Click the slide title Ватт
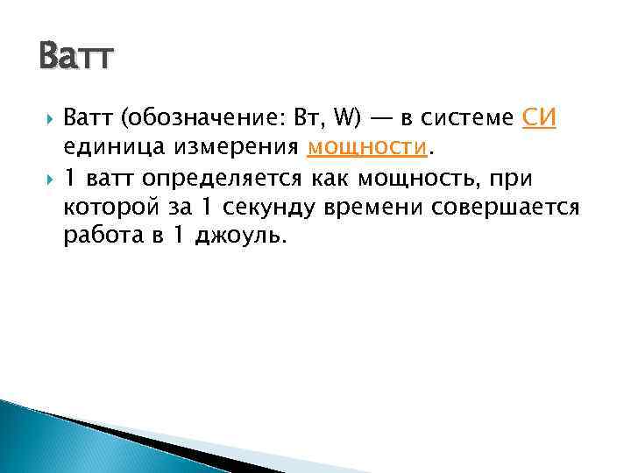click(x=75, y=59)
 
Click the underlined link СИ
click(x=539, y=118)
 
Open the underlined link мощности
click(x=367, y=148)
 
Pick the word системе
click(x=471, y=118)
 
